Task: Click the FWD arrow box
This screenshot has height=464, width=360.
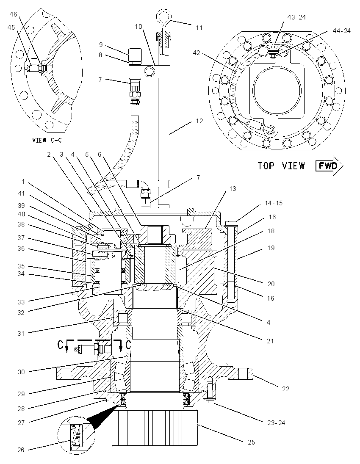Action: pyautogui.click(x=329, y=166)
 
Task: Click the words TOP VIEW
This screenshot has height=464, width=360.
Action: pyautogui.click(x=281, y=166)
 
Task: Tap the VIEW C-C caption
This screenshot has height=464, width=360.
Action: pyautogui.click(x=47, y=140)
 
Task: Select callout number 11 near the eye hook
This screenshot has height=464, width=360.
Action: pyautogui.click(x=199, y=28)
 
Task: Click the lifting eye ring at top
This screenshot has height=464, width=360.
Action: pyautogui.click(x=163, y=16)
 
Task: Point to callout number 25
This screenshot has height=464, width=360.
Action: pyautogui.click(x=251, y=442)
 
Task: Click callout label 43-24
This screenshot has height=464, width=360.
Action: pyautogui.click(x=296, y=17)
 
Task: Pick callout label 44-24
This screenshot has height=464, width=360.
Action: pyautogui.click(x=341, y=30)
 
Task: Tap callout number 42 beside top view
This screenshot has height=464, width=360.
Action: pyautogui.click(x=197, y=53)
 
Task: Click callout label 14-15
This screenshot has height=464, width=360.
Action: pyautogui.click(x=274, y=203)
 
